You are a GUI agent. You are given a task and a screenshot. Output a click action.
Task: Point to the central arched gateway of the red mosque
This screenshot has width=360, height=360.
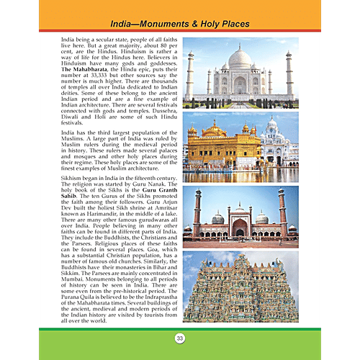pyautogui.click(x=240, y=228)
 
